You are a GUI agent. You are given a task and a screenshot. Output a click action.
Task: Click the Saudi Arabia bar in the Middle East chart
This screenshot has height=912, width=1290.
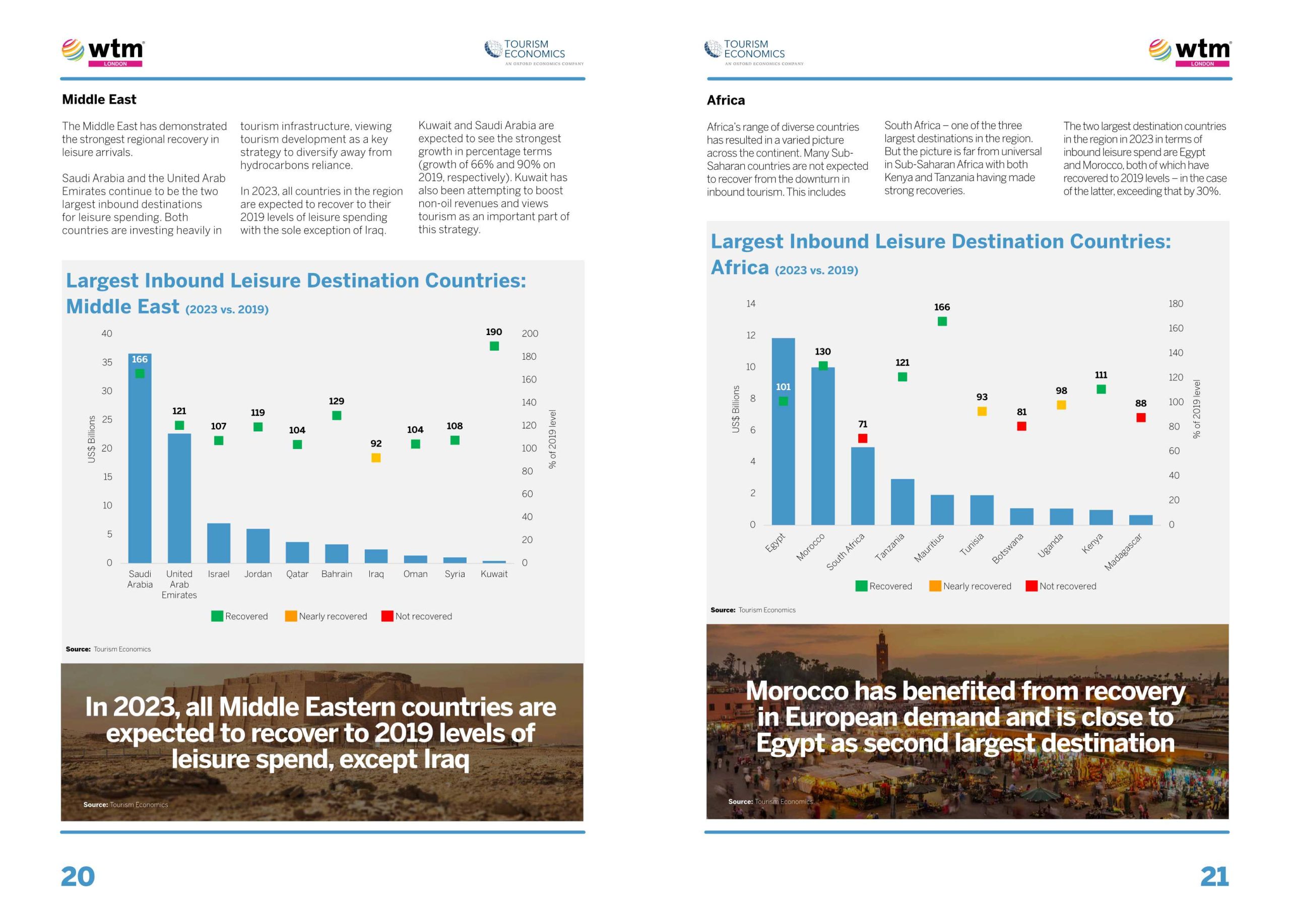click(140, 461)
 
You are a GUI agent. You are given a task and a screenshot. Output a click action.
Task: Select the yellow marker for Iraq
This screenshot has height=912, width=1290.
click(376, 458)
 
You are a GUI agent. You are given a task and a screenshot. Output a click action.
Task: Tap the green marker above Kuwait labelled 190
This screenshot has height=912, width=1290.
click(494, 346)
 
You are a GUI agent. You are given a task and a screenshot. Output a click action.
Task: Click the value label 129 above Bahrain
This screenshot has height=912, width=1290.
click(337, 401)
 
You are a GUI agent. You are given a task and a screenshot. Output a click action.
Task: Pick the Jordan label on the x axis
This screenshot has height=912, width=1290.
click(258, 574)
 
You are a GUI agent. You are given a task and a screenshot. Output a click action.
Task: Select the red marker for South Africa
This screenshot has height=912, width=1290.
click(862, 438)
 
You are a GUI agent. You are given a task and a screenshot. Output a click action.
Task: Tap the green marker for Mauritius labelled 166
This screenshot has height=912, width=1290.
click(942, 321)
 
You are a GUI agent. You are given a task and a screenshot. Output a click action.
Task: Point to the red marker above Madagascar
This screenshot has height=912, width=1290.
click(1140, 418)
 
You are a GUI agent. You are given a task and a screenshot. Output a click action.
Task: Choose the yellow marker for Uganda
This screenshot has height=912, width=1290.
click(1061, 405)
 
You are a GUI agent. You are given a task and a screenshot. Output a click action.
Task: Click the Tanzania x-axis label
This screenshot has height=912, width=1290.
click(890, 547)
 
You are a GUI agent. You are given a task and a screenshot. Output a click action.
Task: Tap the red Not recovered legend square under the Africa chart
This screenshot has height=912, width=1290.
click(1031, 586)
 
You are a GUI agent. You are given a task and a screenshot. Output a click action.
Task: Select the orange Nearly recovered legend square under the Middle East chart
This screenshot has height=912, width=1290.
click(290, 616)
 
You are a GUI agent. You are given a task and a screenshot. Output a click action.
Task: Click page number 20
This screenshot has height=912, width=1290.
click(78, 876)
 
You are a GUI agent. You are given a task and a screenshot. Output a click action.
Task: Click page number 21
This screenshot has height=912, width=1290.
click(1214, 876)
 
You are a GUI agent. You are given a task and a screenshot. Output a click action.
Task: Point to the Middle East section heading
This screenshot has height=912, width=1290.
click(99, 99)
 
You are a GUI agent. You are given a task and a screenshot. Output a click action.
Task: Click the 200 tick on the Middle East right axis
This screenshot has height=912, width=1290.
click(530, 334)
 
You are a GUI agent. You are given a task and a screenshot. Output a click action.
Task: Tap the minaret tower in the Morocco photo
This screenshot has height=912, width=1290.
click(881, 652)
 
